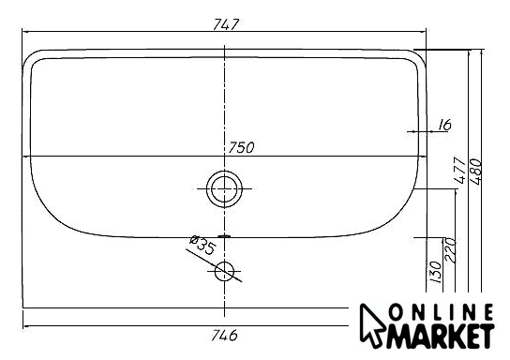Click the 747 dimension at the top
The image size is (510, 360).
(226, 24)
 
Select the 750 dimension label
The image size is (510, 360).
(241, 147)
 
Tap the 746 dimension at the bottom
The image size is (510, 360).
(224, 335)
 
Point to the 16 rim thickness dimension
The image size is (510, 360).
(444, 125)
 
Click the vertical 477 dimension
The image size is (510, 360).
(460, 171)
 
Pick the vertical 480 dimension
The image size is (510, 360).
(475, 172)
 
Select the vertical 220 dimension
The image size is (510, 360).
(451, 250)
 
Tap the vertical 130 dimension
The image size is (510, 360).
(435, 272)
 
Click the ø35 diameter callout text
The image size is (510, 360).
(202, 245)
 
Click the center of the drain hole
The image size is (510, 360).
(224, 188)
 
